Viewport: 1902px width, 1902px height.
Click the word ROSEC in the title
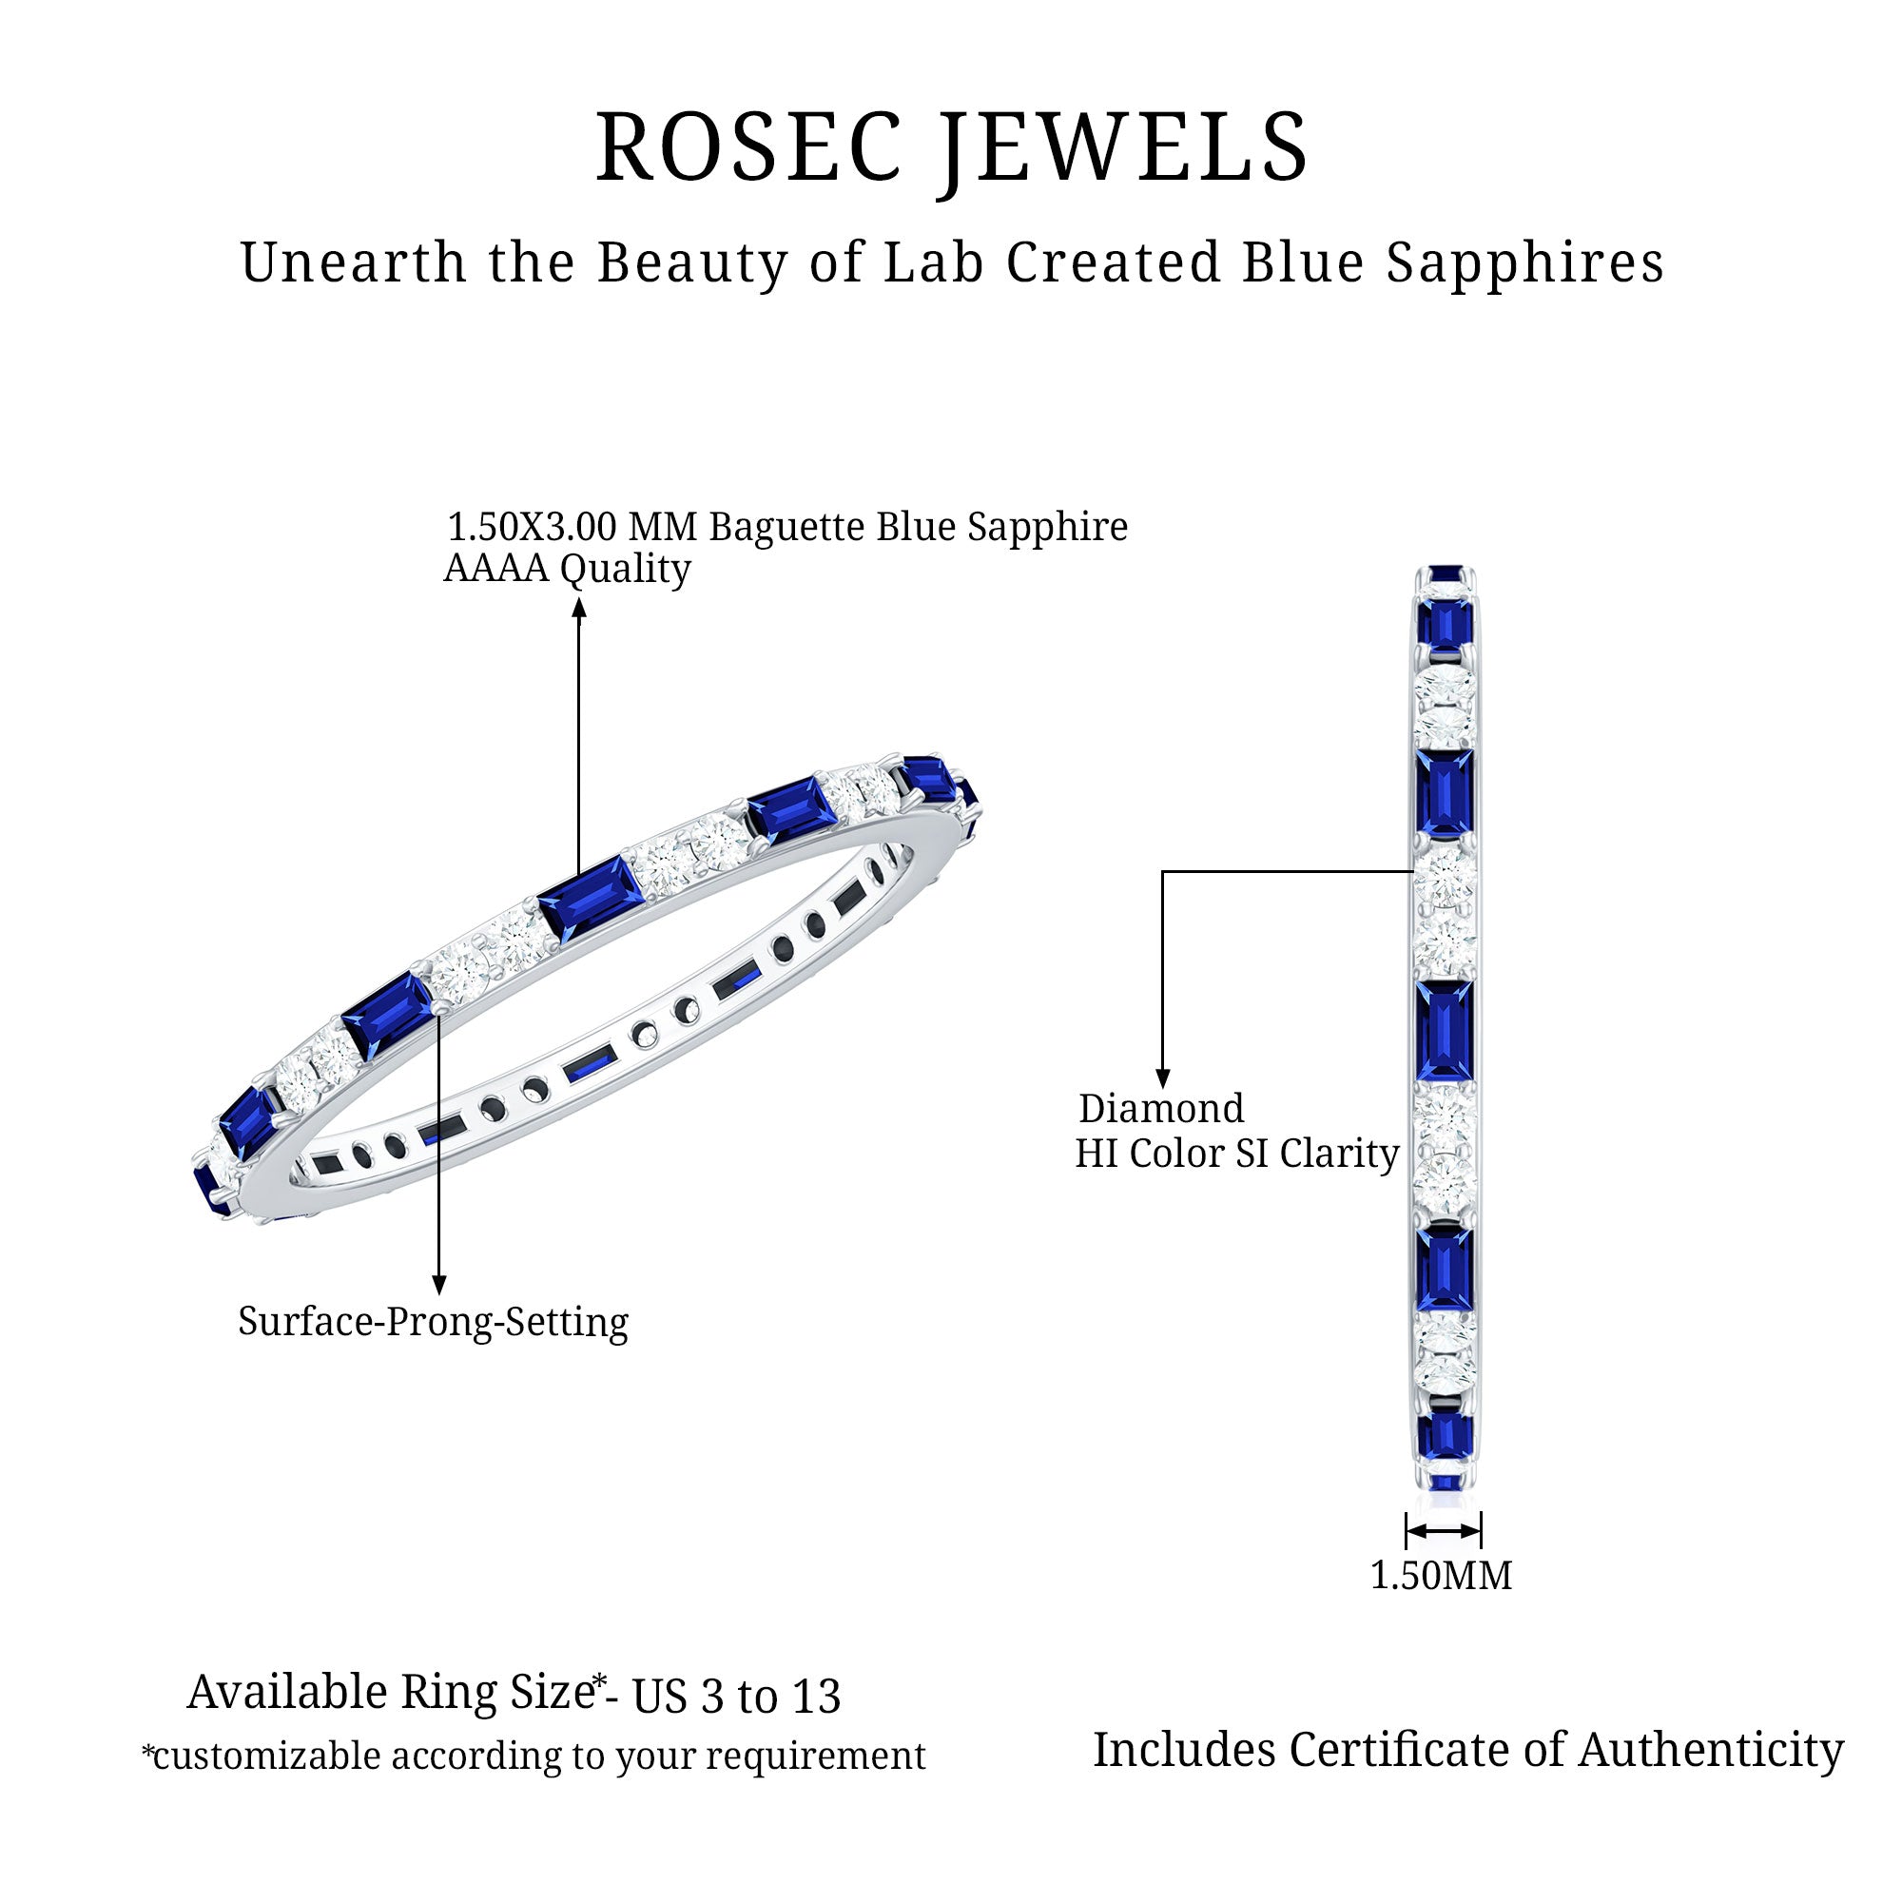pyautogui.click(x=748, y=147)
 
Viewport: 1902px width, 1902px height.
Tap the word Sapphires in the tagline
pyautogui.click(x=1525, y=263)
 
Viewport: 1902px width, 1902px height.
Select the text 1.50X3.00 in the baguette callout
pyautogui.click(x=533, y=527)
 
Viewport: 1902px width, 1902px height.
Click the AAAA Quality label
pyautogui.click(x=567, y=569)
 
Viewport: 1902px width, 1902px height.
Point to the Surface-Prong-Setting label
pyautogui.click(x=433, y=1321)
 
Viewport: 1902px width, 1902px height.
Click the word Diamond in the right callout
pyautogui.click(x=1162, y=1109)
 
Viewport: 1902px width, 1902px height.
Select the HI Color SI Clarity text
pyautogui.click(x=1236, y=1154)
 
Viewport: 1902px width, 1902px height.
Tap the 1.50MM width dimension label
pyautogui.click(x=1442, y=1575)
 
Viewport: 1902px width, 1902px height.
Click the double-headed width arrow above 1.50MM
pyautogui.click(x=1444, y=1531)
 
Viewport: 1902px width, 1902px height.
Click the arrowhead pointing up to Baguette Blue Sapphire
pyautogui.click(x=579, y=609)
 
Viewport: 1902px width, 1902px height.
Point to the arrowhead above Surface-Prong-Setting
pyautogui.click(x=439, y=1285)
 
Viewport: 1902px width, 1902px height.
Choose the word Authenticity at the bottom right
pyautogui.click(x=1711, y=1751)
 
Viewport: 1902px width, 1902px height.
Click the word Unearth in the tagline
pyautogui.click(x=354, y=262)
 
